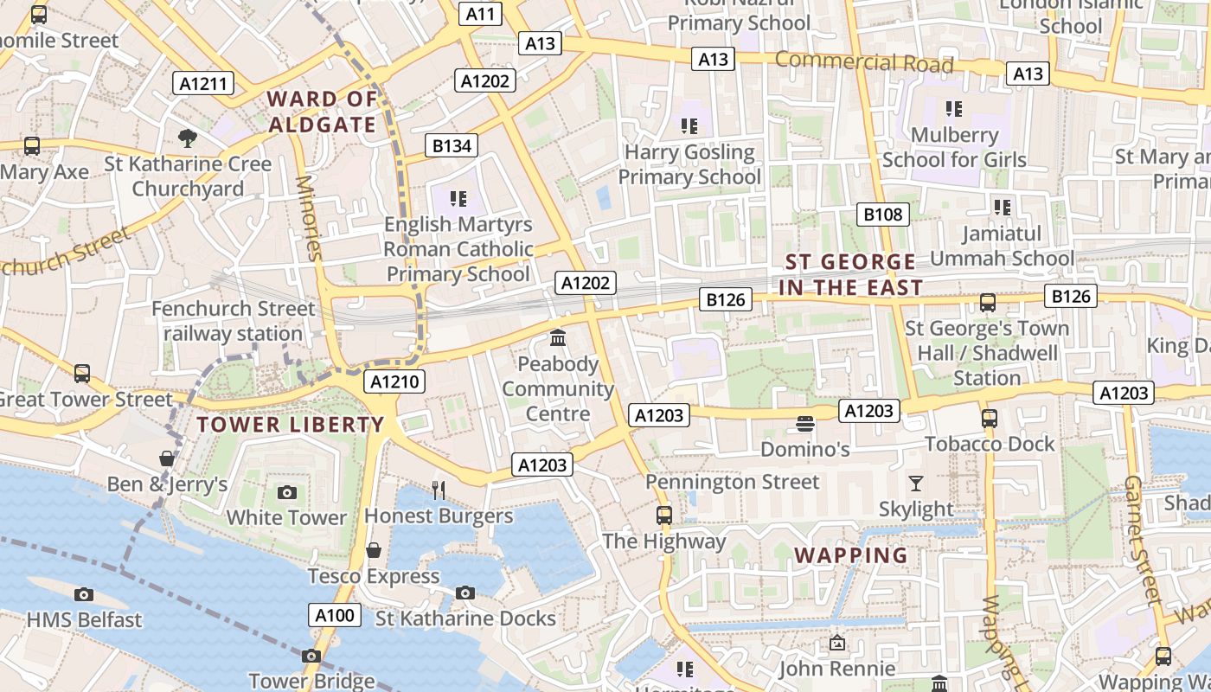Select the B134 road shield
tap(452, 145)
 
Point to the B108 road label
tap(882, 215)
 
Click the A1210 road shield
tap(394, 381)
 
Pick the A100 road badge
tap(335, 615)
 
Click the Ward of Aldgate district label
tap(322, 112)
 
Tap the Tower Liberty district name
tap(290, 425)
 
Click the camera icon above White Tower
tap(287, 493)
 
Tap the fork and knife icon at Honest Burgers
tap(439, 490)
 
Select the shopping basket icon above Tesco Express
tap(374, 550)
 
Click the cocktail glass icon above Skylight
tap(916, 484)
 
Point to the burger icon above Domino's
tap(805, 424)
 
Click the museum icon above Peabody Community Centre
tap(558, 337)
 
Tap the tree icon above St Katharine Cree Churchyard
tap(187, 138)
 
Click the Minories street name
tap(308, 218)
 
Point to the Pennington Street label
tap(733, 482)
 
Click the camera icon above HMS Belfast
tap(84, 594)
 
